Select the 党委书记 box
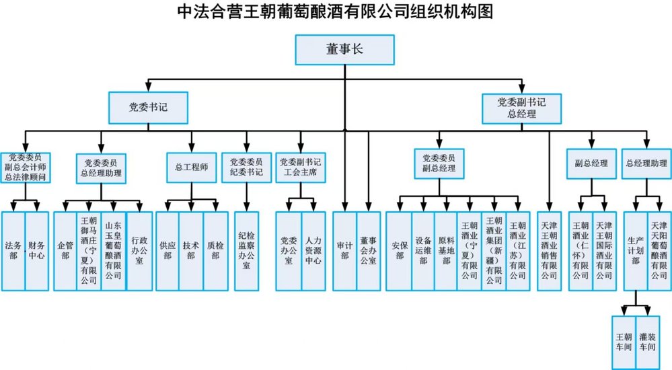tap(148, 107)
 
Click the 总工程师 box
tap(191, 167)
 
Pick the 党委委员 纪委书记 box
tap(246, 167)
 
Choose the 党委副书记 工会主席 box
tap(300, 167)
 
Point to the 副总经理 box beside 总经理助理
tap(591, 164)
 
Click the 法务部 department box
tap(13, 251)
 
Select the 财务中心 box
tap(37, 251)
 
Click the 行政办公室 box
tap(139, 251)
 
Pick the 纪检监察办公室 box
tap(246, 251)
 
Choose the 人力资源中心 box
tap(313, 251)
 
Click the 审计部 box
tap(344, 251)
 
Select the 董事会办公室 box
tap(368, 251)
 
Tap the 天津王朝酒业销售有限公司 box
tap(548, 251)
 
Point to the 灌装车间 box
tap(647, 340)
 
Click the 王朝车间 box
tap(624, 340)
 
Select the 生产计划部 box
tap(636, 251)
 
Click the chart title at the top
tap(336, 12)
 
